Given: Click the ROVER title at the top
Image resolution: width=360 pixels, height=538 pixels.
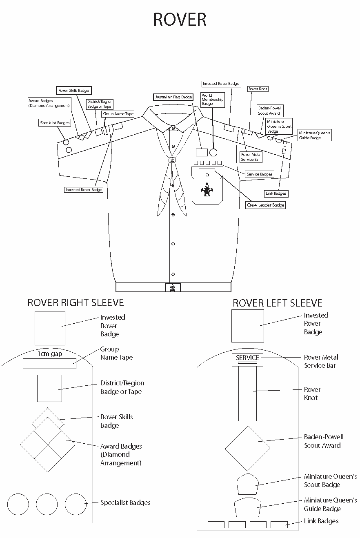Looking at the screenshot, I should (x=180, y=20).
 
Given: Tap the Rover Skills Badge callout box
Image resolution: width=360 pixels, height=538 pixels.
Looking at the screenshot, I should (x=73, y=90).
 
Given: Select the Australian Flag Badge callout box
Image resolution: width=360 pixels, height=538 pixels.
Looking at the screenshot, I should (x=173, y=97).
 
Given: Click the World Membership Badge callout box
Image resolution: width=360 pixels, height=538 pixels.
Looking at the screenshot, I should (x=213, y=100).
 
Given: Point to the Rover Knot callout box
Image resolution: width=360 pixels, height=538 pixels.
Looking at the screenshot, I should (x=258, y=89).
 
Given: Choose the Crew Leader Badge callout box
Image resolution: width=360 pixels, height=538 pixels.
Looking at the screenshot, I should (x=265, y=205).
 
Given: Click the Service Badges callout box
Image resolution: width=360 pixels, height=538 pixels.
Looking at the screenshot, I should (x=259, y=174).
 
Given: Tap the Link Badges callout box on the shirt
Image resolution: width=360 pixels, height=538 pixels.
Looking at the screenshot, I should (x=276, y=193).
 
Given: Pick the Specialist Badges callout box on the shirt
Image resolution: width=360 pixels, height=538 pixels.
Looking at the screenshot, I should (x=55, y=122).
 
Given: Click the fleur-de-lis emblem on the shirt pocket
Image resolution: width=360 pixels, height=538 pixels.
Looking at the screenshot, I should (x=207, y=189).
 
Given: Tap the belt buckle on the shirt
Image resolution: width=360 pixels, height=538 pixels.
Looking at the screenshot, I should (x=173, y=287).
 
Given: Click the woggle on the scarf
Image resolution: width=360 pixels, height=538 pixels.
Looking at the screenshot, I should (x=173, y=160).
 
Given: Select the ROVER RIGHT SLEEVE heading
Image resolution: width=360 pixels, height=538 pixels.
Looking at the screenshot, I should (x=76, y=302).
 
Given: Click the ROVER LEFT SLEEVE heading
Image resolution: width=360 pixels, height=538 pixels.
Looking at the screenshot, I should (x=278, y=303).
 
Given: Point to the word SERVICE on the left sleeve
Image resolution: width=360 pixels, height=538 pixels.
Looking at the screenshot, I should (x=247, y=358).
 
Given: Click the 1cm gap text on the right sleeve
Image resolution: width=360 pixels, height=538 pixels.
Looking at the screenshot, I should (x=50, y=353).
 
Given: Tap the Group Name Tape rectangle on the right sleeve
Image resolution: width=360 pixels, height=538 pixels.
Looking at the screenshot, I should (x=49, y=363).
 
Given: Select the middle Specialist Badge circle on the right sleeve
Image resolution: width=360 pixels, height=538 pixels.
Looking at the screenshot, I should (x=47, y=504).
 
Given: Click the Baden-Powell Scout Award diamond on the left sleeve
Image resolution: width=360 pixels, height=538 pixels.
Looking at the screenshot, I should (x=247, y=448).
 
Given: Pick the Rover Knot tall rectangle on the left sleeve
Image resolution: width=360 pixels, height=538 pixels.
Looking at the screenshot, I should (x=247, y=393).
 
